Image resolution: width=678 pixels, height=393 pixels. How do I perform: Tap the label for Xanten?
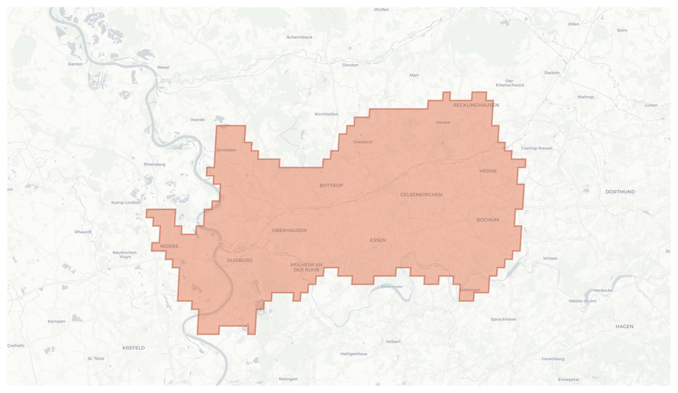75,64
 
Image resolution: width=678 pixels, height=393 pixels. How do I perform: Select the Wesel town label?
163,67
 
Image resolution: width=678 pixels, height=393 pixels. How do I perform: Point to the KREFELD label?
133,348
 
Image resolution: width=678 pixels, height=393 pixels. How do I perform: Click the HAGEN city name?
624,326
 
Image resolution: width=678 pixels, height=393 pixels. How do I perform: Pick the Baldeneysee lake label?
392,287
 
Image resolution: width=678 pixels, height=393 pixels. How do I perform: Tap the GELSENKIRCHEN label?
421,195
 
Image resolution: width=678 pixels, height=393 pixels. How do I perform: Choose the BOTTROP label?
331,185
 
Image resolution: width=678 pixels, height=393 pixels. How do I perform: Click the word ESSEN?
378,240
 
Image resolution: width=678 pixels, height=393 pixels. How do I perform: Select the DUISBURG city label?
240,260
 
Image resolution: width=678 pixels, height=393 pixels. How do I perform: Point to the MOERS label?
169,246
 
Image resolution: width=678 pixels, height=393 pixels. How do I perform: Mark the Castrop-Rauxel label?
537,148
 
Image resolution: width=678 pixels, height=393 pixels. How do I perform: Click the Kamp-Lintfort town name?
126,202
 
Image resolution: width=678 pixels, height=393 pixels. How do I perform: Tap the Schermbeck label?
299,37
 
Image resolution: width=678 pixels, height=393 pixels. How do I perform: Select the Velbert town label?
393,342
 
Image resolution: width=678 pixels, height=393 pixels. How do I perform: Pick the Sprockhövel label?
503,319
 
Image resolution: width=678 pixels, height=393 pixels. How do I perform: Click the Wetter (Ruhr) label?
582,301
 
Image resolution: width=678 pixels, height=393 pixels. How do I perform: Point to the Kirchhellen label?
326,114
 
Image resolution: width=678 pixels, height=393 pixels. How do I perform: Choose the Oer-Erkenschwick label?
510,83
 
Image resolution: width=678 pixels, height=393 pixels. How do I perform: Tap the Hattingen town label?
470,290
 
